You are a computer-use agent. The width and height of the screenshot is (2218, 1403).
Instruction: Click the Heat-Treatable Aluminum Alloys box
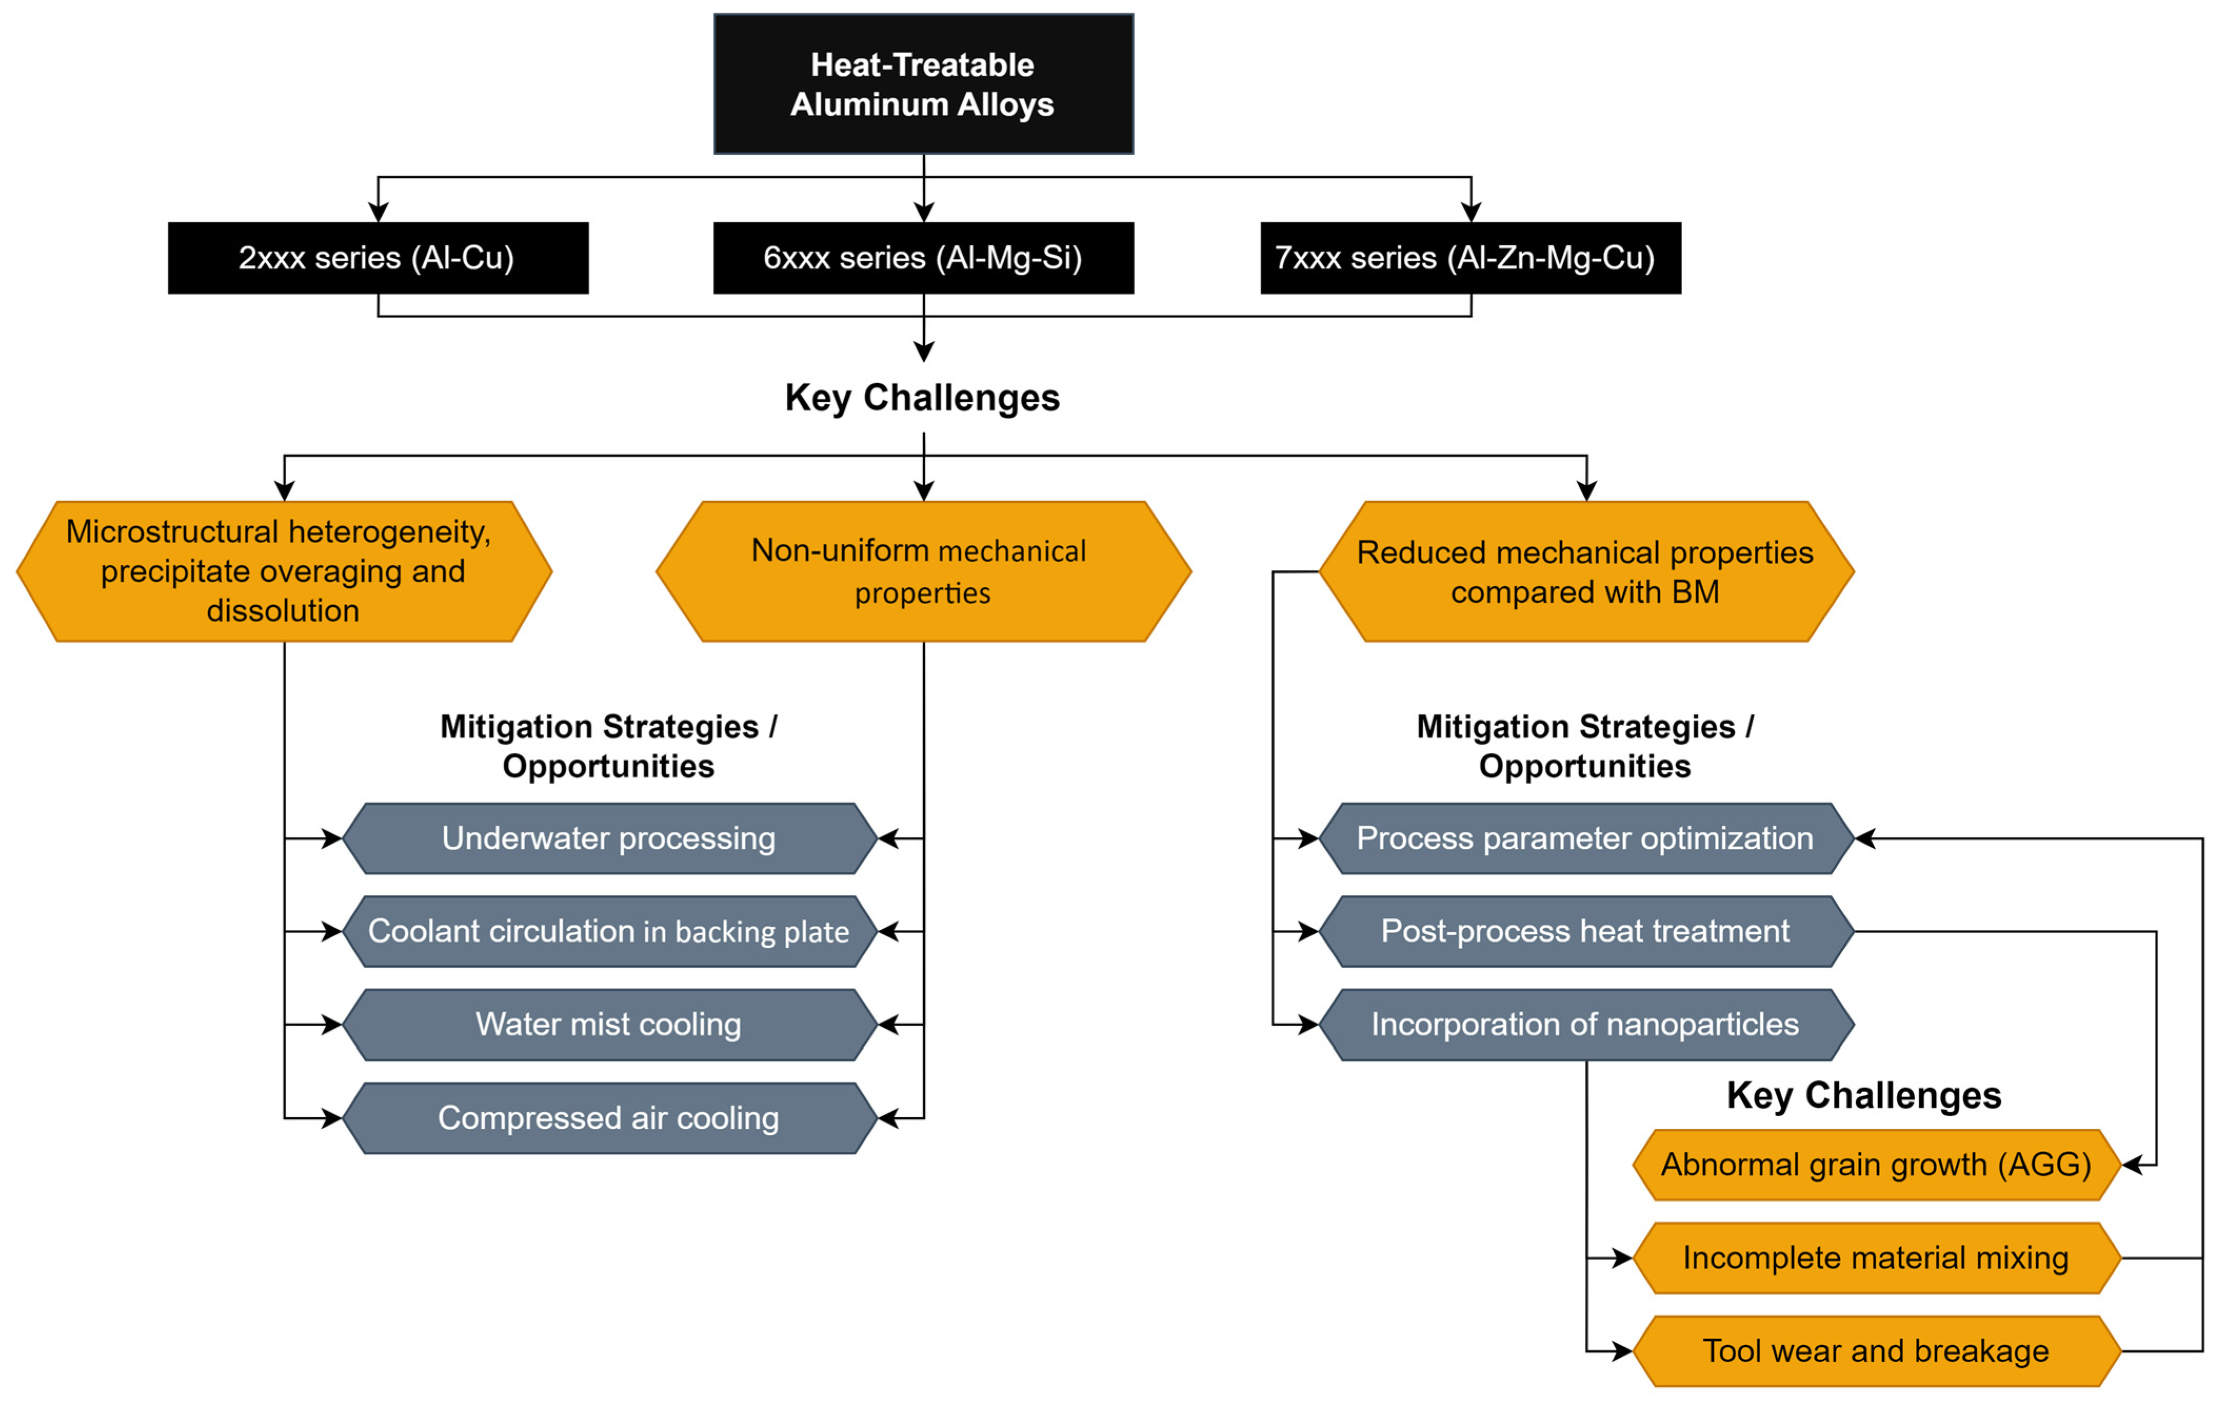click(923, 84)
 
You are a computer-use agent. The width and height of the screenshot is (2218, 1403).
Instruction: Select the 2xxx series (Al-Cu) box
click(378, 258)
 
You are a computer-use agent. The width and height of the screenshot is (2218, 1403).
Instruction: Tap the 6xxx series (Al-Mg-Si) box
click(923, 258)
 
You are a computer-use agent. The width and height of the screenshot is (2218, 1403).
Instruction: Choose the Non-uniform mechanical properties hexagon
click(923, 571)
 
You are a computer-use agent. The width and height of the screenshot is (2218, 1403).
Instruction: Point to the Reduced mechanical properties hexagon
click(1586, 571)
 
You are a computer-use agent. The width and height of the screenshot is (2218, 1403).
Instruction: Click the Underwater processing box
click(609, 838)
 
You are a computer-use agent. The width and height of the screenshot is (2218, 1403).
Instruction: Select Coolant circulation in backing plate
click(609, 931)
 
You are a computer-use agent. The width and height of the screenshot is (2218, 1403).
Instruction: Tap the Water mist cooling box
click(609, 1025)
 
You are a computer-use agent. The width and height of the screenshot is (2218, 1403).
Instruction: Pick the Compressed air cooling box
click(609, 1117)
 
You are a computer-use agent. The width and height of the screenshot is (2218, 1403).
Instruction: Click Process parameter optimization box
click(1586, 838)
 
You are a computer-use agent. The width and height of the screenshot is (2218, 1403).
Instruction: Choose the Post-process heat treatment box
click(1586, 931)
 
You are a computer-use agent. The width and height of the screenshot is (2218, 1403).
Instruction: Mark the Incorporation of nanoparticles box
click(1586, 1025)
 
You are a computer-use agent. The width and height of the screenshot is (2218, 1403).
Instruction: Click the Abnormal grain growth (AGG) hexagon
click(1876, 1165)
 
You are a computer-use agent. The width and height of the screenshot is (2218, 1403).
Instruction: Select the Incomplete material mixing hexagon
click(1876, 1257)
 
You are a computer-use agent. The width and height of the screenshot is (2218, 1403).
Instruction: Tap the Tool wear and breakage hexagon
click(1876, 1350)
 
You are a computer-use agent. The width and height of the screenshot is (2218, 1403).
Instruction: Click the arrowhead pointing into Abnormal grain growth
click(2132, 1165)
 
